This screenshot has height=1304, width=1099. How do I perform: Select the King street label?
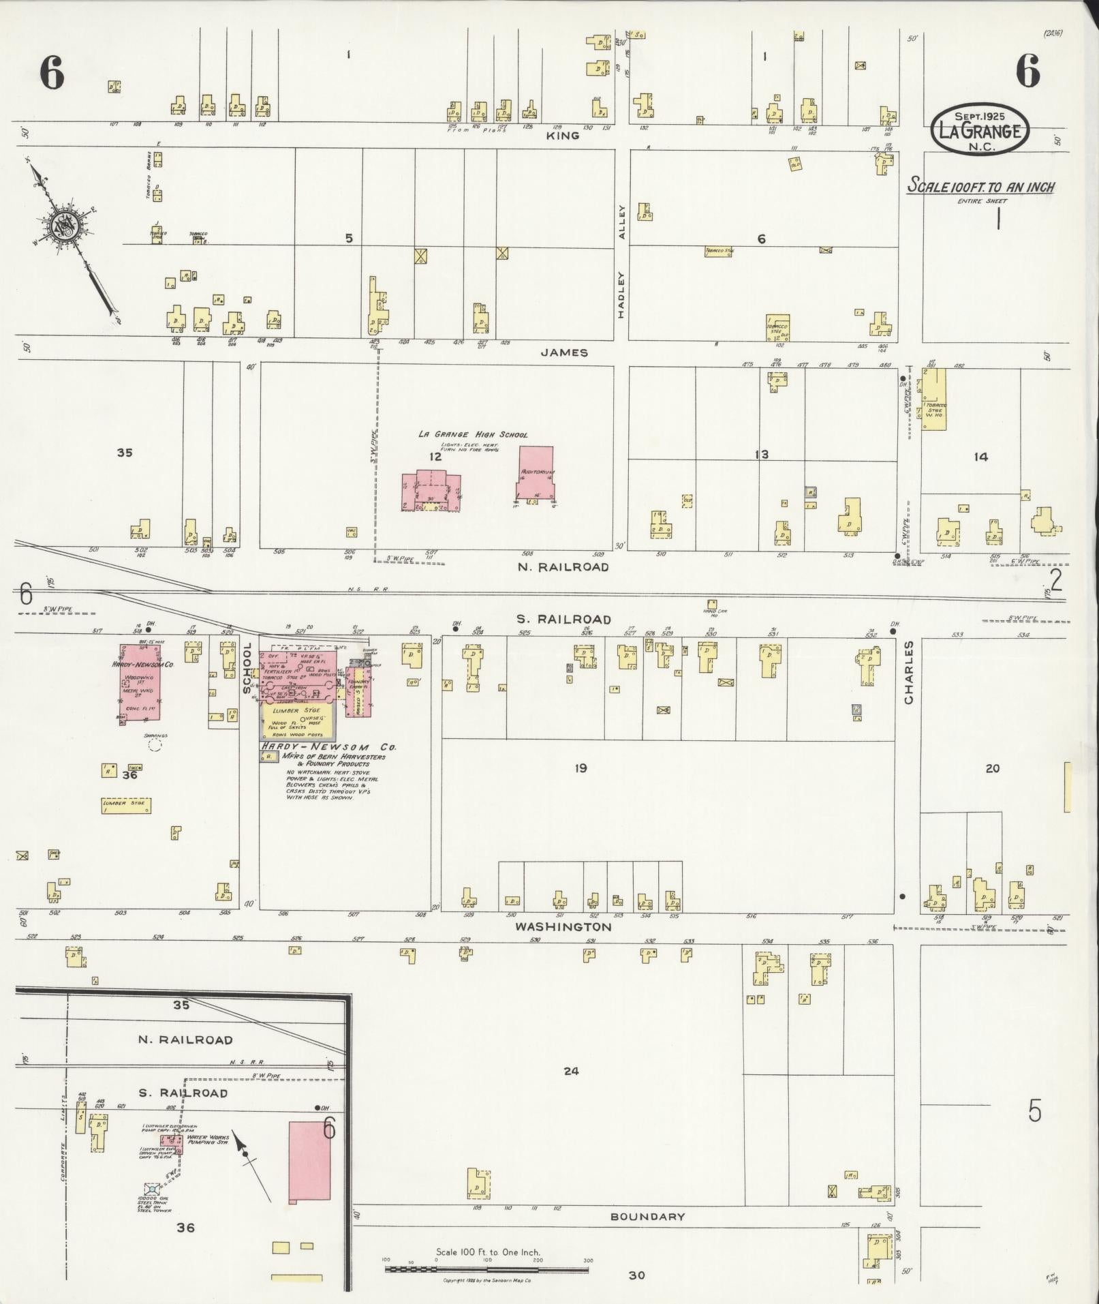pyautogui.click(x=563, y=135)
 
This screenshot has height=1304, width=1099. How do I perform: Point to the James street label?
pyautogui.click(x=564, y=352)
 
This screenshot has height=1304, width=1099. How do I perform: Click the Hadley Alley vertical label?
pyautogui.click(x=621, y=262)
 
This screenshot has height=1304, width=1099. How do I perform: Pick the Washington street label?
pyautogui.click(x=563, y=926)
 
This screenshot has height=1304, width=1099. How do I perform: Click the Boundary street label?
pyautogui.click(x=647, y=1216)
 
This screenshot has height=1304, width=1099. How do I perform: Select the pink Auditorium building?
pyautogui.click(x=536, y=472)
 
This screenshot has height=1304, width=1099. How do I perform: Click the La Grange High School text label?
pyautogui.click(x=473, y=434)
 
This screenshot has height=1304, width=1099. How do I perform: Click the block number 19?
pyautogui.click(x=580, y=768)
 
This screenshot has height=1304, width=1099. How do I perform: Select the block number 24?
pyautogui.click(x=571, y=1071)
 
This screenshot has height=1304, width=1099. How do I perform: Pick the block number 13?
pyautogui.click(x=761, y=455)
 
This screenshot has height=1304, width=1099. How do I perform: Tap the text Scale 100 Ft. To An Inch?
pyautogui.click(x=980, y=187)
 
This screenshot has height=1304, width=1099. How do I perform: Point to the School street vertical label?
pyautogui.click(x=247, y=667)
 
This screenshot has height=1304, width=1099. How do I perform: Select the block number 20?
pyautogui.click(x=992, y=768)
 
